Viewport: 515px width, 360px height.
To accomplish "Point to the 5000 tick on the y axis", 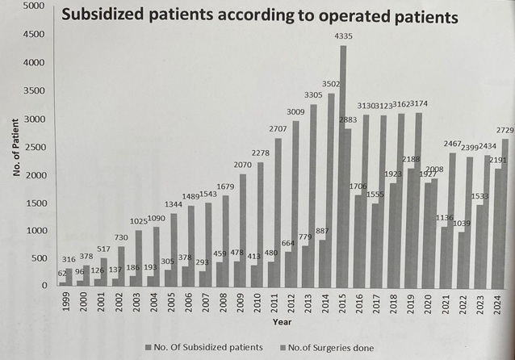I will [x=32, y=6].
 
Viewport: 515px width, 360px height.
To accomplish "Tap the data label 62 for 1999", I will [x=62, y=274].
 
